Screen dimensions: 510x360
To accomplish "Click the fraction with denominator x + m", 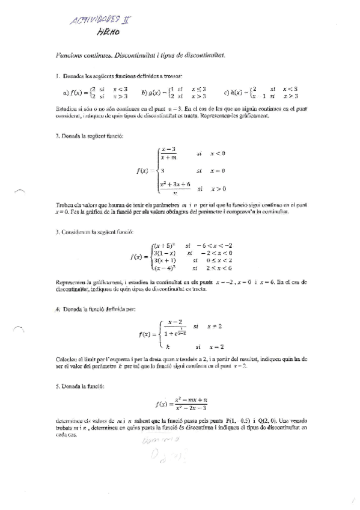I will pos(169,154).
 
